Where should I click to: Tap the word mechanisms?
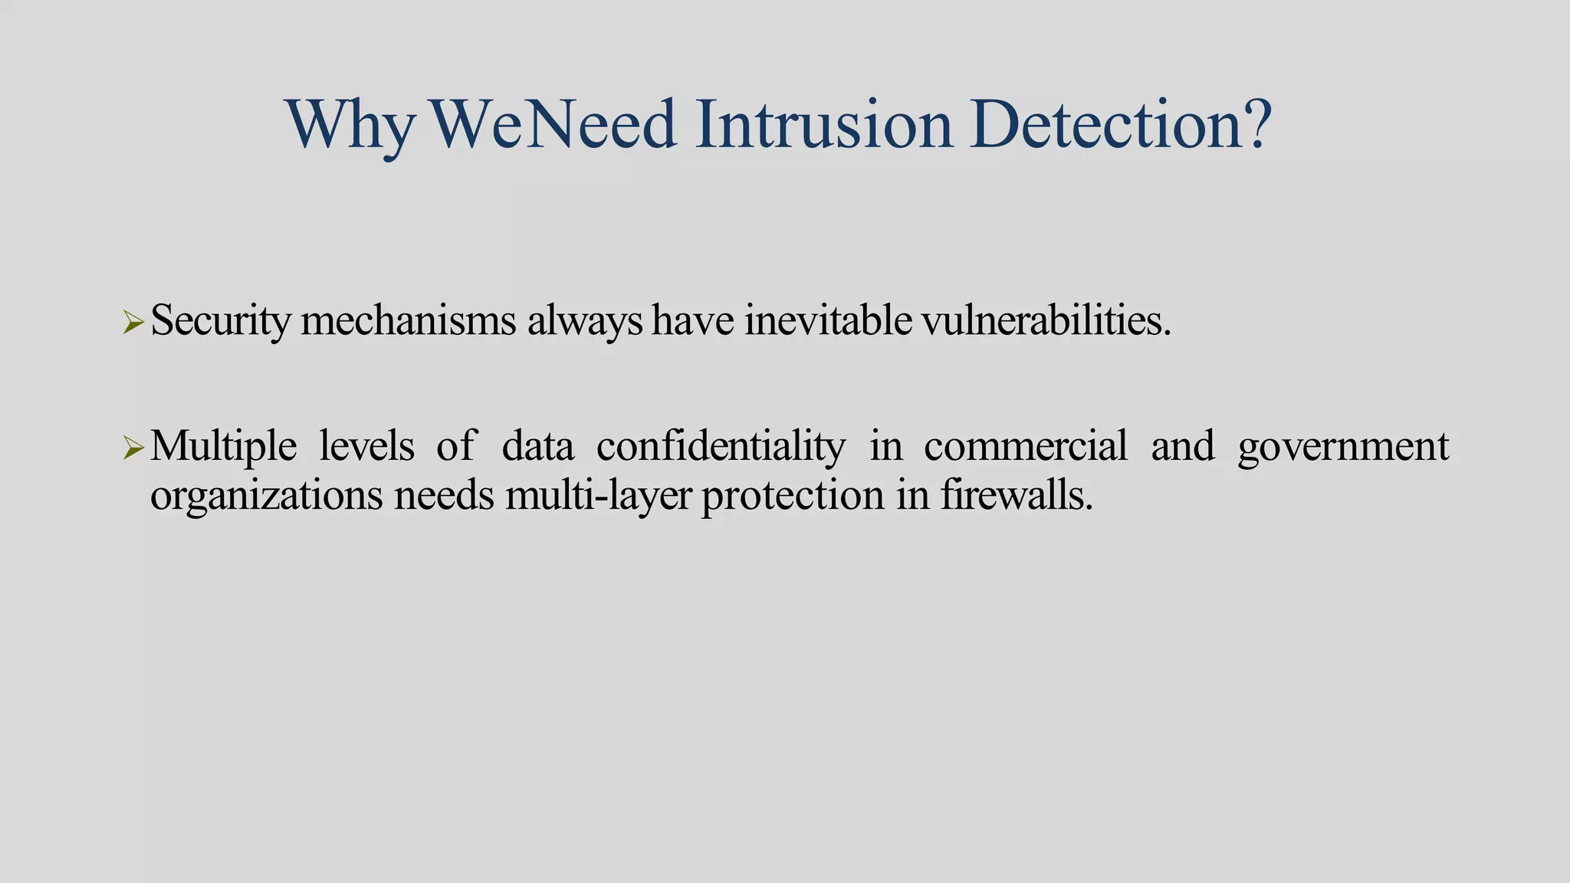pyautogui.click(x=409, y=320)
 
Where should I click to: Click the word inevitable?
pyautogui.click(x=828, y=320)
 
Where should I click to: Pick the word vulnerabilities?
pyautogui.click(x=1046, y=320)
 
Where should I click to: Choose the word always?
pyautogui.click(x=584, y=320)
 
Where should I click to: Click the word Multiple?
pyautogui.click(x=223, y=446)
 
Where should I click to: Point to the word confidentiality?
pyautogui.click(x=721, y=446)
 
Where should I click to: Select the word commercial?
pyautogui.click(x=1026, y=446)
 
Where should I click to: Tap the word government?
pyautogui.click(x=1343, y=446)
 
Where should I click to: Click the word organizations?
pyautogui.click(x=266, y=495)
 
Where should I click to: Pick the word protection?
pyautogui.click(x=793, y=495)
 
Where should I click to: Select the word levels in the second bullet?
pyautogui.click(x=366, y=446)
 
